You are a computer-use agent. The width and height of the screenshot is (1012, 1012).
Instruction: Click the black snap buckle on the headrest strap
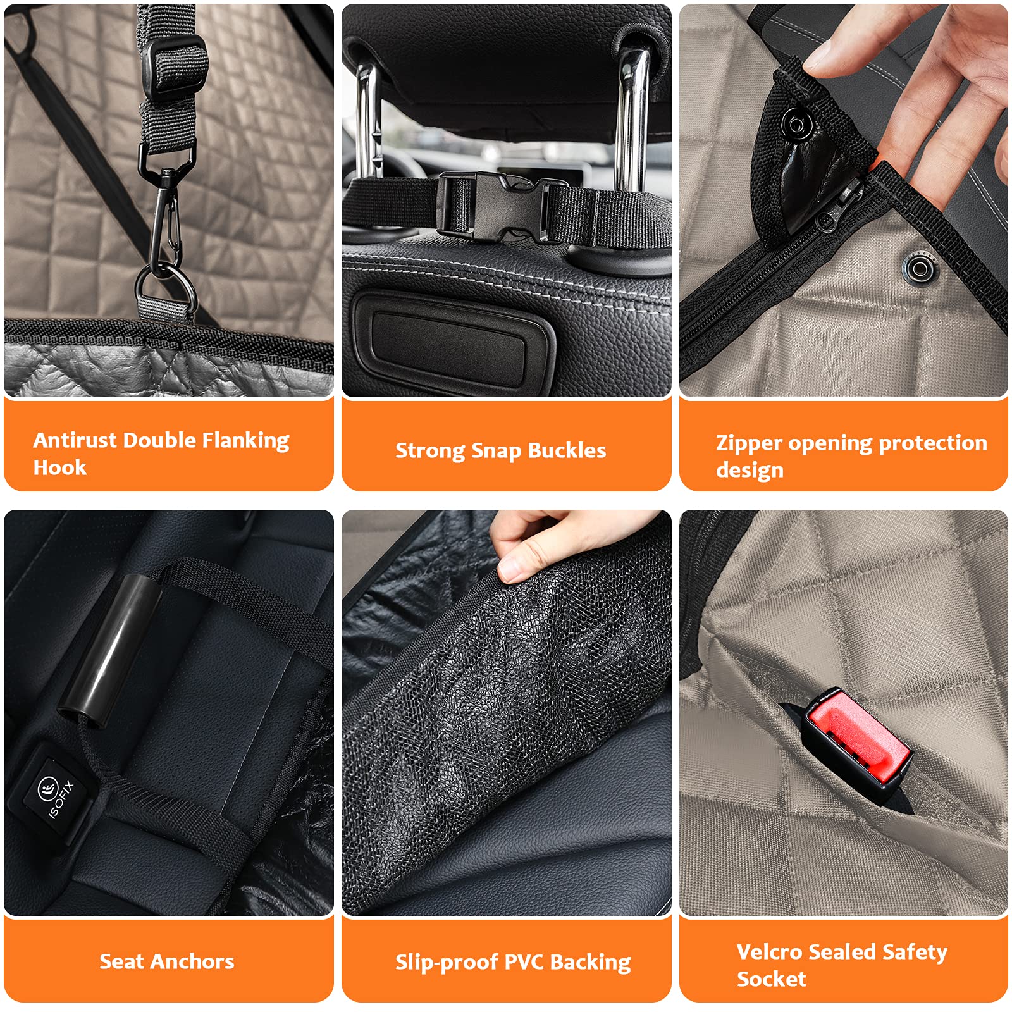click(500, 206)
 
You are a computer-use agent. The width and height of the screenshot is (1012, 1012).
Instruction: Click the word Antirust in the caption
click(75, 440)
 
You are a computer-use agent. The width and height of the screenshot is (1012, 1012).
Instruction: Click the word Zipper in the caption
click(749, 443)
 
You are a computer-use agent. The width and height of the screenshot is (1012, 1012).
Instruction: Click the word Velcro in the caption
click(769, 951)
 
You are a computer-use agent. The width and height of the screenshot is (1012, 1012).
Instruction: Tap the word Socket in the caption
click(771, 979)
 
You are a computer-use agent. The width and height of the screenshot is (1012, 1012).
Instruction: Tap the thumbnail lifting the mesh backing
click(516, 569)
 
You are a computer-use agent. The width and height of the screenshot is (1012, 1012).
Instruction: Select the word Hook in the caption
click(59, 468)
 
